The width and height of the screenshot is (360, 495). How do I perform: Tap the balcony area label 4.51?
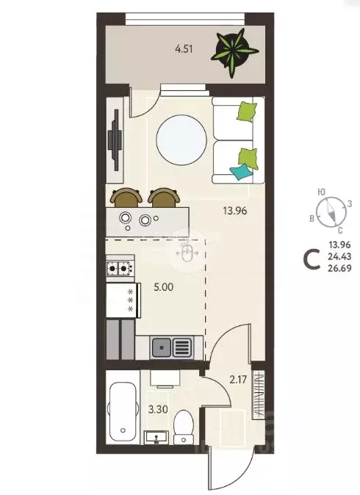pos(185,50)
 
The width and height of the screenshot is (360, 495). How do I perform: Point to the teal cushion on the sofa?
pos(240,172)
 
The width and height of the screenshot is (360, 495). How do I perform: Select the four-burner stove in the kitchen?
pos(120,268)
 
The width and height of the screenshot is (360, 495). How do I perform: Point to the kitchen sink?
pos(170,345)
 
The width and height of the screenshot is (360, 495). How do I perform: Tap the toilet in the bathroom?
pos(184,425)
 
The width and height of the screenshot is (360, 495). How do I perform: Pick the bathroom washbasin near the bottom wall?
pos(156,438)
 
